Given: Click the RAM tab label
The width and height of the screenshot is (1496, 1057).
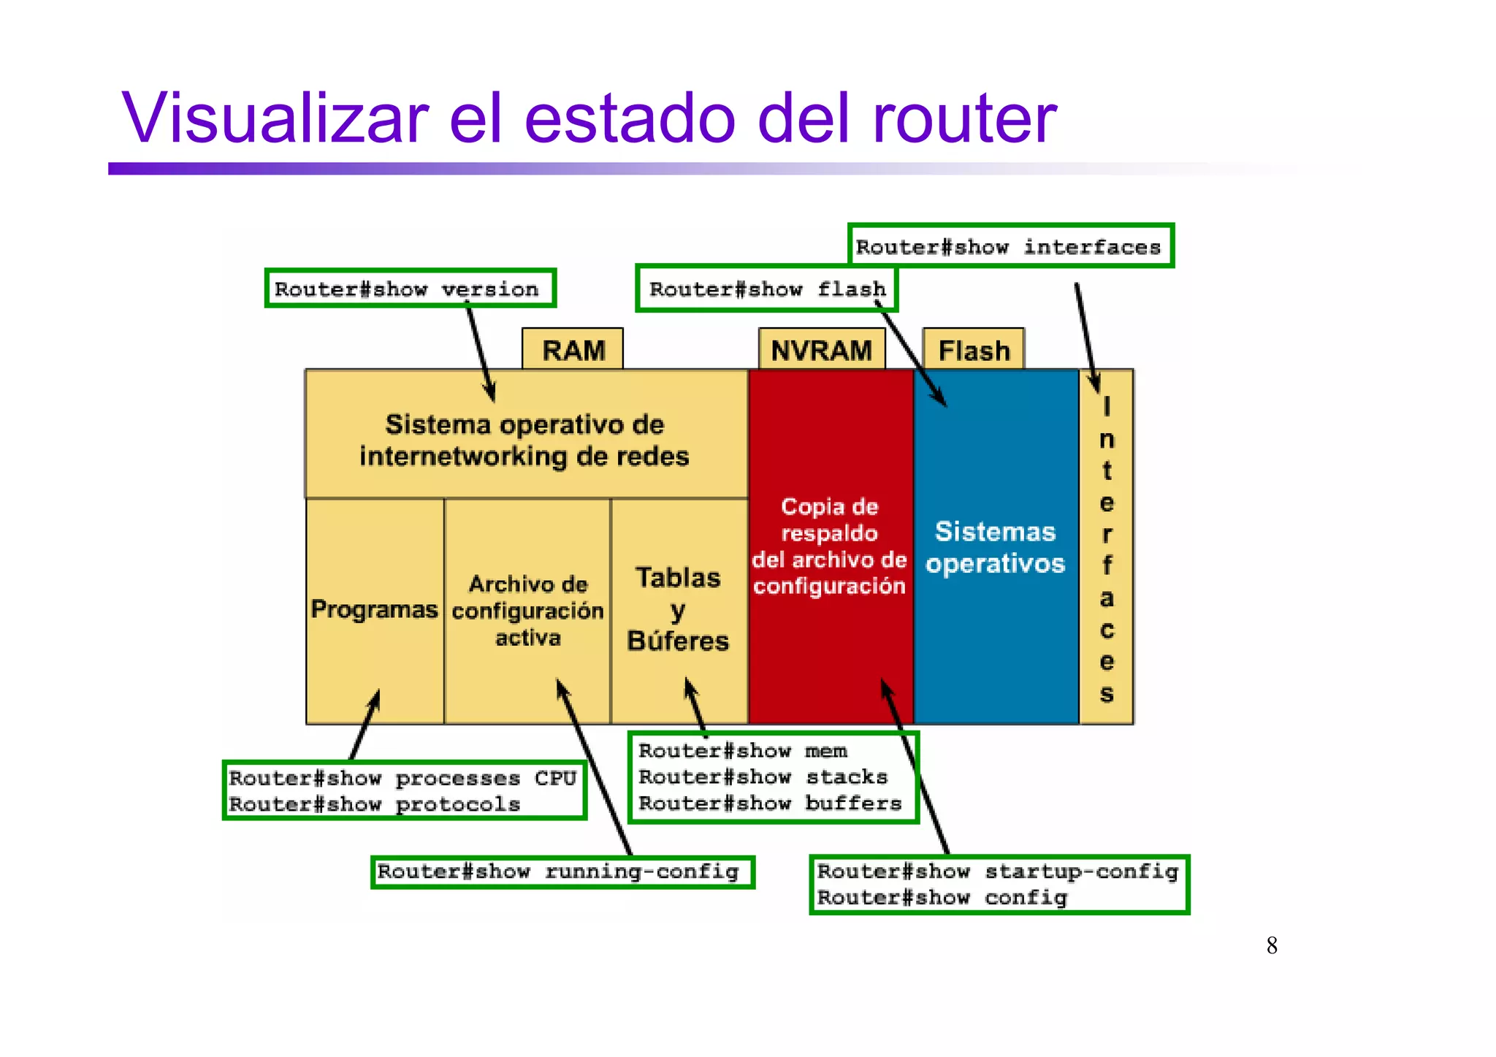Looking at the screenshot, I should pos(573,351).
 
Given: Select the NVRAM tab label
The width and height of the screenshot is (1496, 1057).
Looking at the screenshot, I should pos(821,351).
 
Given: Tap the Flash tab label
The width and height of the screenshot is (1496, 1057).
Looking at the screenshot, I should pos(974,351).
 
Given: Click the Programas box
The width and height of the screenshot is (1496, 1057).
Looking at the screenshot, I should pos(374,609).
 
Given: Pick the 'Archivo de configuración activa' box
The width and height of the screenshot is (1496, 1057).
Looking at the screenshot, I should pos(527,611).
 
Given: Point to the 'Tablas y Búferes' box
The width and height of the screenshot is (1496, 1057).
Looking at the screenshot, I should pos(678,609).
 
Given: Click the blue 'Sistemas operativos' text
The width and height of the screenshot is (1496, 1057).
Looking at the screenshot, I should pos(995,547).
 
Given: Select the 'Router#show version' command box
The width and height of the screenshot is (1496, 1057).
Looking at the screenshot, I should pos(410,289).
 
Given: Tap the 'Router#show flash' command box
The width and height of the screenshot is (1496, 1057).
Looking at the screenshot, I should pos(766,289).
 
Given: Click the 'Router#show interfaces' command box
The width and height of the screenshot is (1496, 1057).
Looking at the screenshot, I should pos(1010,246).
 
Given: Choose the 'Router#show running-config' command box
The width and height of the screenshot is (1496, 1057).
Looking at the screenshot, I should pos(561,871).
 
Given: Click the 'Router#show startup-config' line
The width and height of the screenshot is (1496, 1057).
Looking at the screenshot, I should pos(997,871).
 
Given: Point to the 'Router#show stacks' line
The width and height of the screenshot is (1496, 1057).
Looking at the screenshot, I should pos(763,776).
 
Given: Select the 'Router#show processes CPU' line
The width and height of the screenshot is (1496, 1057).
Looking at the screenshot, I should pos(402,778).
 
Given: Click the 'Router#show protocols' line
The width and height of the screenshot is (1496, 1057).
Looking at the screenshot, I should pos(374,804).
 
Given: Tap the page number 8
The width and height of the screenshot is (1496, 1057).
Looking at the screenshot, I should pos(1272,945).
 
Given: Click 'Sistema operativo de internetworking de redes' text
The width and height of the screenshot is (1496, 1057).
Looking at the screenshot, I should pos(524,440).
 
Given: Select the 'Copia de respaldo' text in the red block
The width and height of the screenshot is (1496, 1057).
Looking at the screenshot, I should pos(829,519).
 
